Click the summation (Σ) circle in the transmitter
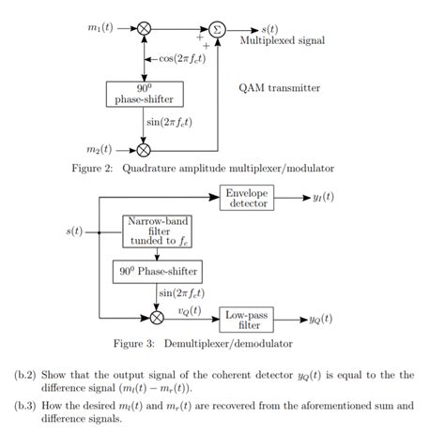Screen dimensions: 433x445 click(x=217, y=28)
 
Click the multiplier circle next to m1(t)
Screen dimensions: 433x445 click(x=144, y=28)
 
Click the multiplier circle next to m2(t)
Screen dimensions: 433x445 click(x=144, y=149)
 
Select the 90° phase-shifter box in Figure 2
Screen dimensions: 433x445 click(x=144, y=94)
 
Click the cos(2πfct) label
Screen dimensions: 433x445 click(x=177, y=59)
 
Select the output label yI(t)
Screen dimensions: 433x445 click(x=322, y=198)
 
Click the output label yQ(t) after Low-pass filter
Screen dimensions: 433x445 click(x=322, y=319)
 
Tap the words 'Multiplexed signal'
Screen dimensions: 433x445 click(x=283, y=41)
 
